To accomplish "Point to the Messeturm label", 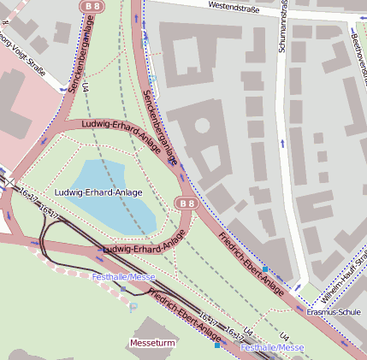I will click(x=152, y=343).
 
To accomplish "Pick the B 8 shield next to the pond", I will click(x=186, y=203).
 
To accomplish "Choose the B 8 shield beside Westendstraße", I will click(x=92, y=6).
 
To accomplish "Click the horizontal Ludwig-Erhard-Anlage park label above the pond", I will click(x=98, y=192).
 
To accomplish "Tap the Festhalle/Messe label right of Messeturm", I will click(x=271, y=348).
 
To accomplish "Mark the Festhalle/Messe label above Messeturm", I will click(x=123, y=277).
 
